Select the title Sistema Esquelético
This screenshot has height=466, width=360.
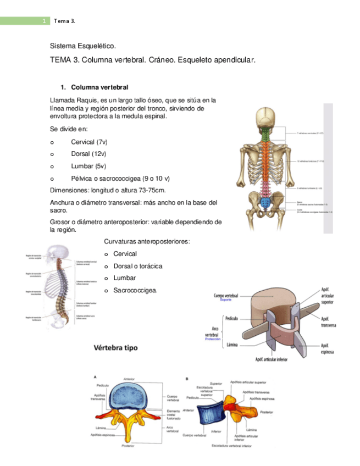(83, 47)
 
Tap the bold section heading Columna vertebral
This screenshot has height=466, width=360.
(99, 87)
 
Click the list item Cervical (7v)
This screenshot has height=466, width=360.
(89, 142)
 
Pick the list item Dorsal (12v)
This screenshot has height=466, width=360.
(88, 154)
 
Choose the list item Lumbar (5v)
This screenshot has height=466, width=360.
(88, 166)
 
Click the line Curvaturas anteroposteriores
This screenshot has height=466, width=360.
(147, 242)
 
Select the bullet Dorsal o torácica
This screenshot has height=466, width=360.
(137, 266)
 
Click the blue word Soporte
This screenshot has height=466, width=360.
(226, 300)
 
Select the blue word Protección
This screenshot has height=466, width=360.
(212, 339)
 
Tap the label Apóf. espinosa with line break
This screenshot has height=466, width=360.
(328, 348)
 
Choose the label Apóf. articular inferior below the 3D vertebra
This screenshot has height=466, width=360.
(271, 360)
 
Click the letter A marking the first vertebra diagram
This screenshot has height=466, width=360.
(95, 377)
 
